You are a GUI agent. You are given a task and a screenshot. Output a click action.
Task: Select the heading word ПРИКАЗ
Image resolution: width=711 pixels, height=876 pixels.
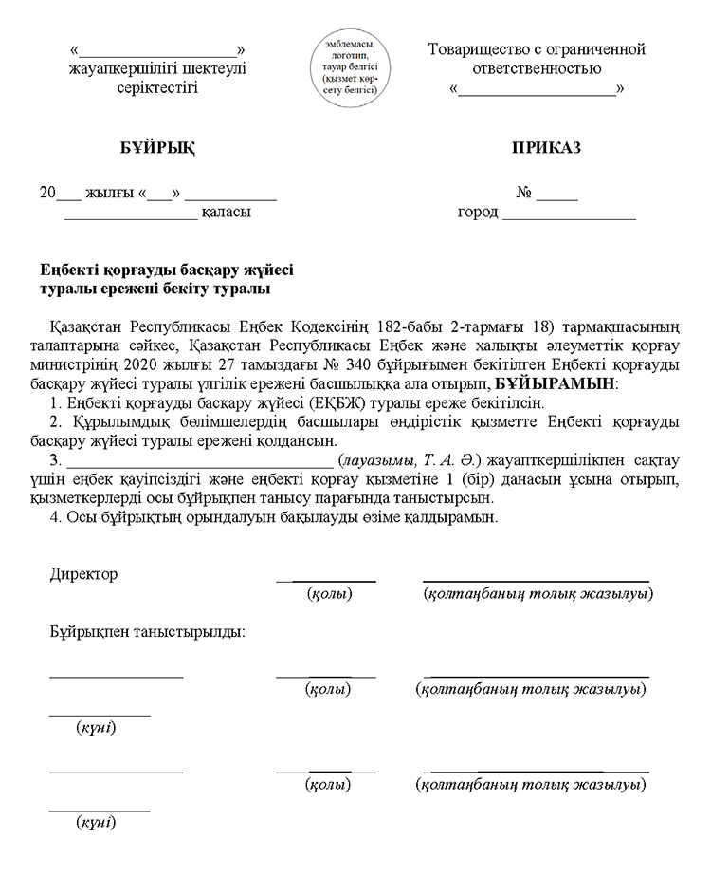[546, 148]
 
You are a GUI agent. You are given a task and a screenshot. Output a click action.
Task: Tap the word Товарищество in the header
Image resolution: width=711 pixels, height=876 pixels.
[476, 49]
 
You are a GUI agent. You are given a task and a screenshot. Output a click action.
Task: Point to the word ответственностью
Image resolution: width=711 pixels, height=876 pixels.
[537, 68]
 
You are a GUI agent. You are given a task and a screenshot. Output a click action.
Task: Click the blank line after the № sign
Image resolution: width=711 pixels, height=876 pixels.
[557, 193]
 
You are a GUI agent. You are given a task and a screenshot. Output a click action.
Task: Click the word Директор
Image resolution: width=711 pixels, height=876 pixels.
[83, 575]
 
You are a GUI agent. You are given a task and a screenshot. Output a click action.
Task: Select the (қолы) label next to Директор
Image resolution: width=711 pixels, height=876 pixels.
[329, 594]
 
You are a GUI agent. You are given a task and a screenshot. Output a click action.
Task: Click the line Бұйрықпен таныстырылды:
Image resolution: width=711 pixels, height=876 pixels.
[148, 631]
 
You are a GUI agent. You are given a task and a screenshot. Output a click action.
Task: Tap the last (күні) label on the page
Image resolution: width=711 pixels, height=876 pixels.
[95, 822]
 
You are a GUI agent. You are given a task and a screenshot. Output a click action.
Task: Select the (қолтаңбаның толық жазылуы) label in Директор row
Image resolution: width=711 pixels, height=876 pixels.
[537, 594]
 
